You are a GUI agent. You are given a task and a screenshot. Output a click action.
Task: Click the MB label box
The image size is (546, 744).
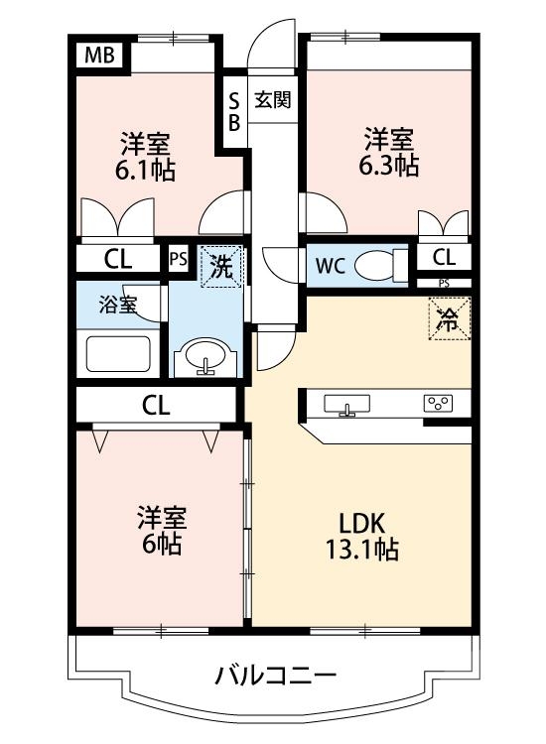(97, 56)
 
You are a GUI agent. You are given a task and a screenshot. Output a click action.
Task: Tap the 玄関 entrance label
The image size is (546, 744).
(272, 99)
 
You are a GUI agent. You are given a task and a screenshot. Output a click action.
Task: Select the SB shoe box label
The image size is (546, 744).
(234, 111)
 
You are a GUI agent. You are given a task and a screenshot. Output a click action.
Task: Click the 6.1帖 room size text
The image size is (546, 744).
(145, 170)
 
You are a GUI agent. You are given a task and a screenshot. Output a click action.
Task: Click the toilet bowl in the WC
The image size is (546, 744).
(374, 265)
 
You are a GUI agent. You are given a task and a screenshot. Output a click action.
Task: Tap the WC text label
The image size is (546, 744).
(331, 266)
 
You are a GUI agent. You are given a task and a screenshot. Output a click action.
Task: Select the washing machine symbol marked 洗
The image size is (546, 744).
(220, 267)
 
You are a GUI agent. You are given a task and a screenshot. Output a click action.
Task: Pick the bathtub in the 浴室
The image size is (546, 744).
(117, 354)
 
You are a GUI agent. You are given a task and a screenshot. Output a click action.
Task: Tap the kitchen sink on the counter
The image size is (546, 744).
(347, 403)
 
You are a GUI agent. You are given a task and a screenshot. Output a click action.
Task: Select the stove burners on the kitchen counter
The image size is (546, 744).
(438, 403)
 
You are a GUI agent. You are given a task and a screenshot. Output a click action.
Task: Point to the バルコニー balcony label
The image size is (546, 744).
(277, 677)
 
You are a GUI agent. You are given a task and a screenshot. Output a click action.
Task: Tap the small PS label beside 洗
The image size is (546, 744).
(178, 259)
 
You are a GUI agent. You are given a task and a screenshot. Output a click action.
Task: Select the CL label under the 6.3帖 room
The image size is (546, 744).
(444, 258)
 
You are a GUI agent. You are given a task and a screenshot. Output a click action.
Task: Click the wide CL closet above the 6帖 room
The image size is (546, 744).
(156, 405)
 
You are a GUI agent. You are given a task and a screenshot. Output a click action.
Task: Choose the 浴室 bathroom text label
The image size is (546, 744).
(117, 305)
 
